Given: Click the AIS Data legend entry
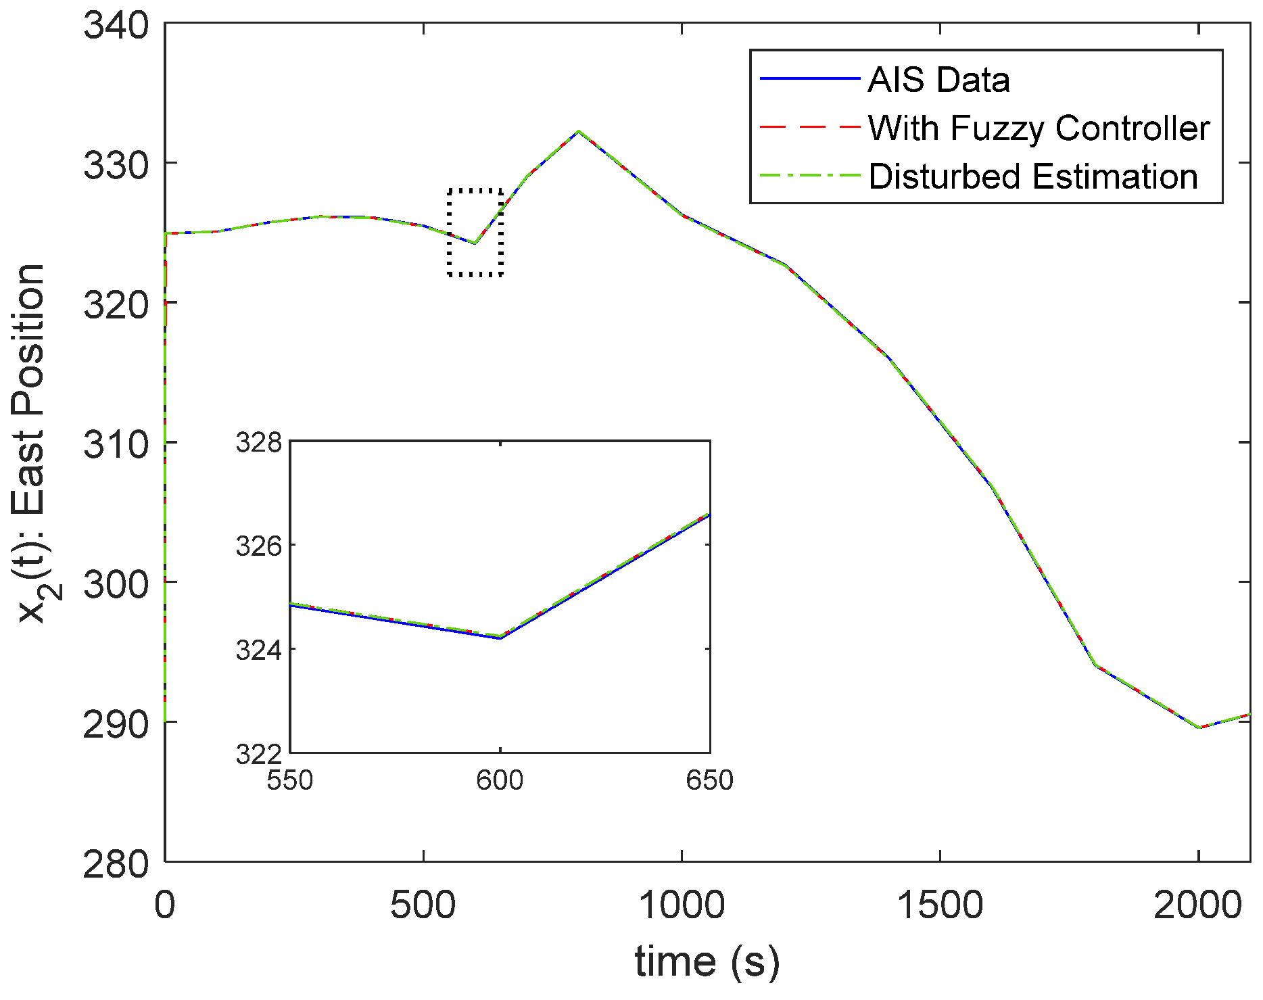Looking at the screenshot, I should click(x=938, y=80).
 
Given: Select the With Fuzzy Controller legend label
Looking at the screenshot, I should click(x=1039, y=128).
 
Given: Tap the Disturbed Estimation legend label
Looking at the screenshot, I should click(x=1032, y=176).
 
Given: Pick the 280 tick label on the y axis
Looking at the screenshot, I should click(x=116, y=863).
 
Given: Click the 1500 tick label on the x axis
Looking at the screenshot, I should click(x=940, y=905).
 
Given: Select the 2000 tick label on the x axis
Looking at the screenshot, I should click(x=1197, y=905).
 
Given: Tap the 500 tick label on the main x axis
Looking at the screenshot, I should click(x=423, y=905).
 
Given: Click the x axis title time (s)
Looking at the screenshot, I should click(x=707, y=961).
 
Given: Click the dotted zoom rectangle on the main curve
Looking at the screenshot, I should click(x=475, y=232).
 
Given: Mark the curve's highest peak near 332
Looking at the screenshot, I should click(x=578, y=131).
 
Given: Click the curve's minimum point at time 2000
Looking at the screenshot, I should click(x=1198, y=728).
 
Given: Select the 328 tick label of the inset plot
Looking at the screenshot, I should click(x=258, y=443).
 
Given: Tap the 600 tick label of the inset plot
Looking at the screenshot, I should click(x=500, y=780).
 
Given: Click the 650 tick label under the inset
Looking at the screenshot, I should click(x=709, y=780).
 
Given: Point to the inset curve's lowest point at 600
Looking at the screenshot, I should click(x=500, y=637).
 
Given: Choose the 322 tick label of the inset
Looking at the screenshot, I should click(x=258, y=753).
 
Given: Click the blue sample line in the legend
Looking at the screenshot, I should click(x=809, y=79).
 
